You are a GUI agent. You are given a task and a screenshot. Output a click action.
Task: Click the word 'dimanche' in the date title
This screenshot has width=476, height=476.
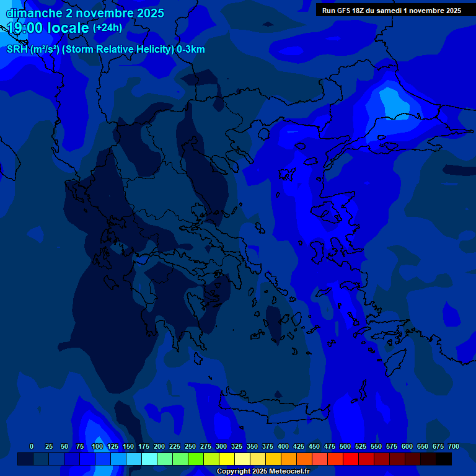(x=34, y=13)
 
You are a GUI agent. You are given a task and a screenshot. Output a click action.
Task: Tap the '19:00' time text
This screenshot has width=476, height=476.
(x=25, y=28)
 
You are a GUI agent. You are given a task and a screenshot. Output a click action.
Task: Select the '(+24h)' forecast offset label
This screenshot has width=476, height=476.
(x=107, y=28)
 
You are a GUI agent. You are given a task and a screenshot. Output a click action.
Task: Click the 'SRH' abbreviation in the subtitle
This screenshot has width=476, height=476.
(x=17, y=50)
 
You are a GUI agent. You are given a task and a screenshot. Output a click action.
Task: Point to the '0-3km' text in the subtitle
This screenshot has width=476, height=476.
(x=190, y=50)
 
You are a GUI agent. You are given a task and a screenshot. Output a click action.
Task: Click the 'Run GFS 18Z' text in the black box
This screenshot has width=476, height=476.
(x=343, y=11)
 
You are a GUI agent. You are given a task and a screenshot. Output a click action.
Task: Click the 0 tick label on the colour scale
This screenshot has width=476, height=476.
(x=32, y=447)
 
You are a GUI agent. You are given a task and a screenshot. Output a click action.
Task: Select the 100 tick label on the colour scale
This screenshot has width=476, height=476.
(x=97, y=447)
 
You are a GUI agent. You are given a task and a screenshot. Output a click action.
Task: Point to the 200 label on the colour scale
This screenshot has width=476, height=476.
(x=159, y=447)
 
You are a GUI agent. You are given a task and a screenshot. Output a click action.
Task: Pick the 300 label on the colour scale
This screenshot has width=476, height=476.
(x=221, y=447)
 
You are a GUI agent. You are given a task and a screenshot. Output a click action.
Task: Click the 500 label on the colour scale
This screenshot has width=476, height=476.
(x=345, y=447)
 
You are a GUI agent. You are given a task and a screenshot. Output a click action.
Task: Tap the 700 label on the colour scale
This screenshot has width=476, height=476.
(x=454, y=447)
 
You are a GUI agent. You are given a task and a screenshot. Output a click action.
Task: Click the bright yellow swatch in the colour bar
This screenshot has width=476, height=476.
(x=227, y=459)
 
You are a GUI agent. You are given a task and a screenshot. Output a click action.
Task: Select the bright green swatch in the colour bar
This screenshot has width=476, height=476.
(x=196, y=459)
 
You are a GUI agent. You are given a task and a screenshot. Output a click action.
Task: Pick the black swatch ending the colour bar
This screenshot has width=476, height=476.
(x=444, y=459)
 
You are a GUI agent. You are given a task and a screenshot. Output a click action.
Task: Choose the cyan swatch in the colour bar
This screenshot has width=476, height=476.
(x=149, y=459)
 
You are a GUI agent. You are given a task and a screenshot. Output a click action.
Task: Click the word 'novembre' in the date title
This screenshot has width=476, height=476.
(x=99, y=13)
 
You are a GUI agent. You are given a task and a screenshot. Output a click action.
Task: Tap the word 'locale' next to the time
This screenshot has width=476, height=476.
(x=68, y=28)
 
